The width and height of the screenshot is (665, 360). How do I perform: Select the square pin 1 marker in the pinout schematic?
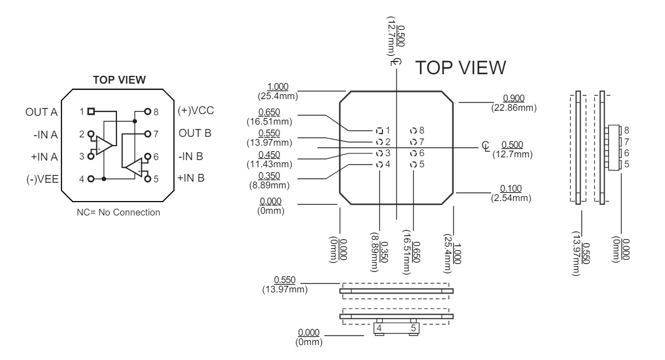coord(91,111)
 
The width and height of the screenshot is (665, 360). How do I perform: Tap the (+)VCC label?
coord(196,111)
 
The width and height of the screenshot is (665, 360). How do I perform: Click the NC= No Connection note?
coord(119,213)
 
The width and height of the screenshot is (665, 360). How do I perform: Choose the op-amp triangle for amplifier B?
coord(133,167)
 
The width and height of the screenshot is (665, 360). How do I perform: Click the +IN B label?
coord(191,178)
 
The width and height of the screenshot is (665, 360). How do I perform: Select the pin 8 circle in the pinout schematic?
coord(147,111)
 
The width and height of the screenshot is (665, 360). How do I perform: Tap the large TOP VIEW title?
coord(461,68)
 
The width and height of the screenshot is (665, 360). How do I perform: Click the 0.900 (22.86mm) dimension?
coord(514,103)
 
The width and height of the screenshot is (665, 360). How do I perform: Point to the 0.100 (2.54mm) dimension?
coord(510,192)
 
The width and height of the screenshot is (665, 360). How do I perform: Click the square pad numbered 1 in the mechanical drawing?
coord(380,131)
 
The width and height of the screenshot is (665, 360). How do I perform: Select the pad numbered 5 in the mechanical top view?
coord(413,164)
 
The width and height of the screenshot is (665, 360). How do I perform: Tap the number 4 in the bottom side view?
coord(379,328)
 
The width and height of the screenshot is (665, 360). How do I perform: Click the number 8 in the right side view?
coord(627,130)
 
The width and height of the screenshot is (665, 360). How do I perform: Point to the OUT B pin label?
coord(195,134)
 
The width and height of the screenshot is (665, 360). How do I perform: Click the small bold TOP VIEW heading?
coord(119,80)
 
